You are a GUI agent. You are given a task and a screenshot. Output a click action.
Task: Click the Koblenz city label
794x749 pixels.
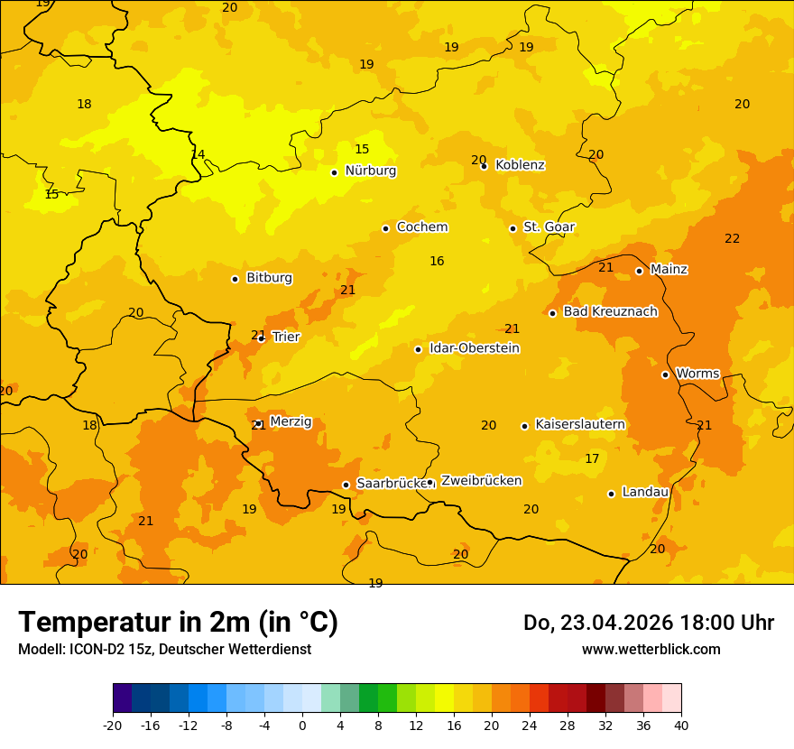coord(520,165)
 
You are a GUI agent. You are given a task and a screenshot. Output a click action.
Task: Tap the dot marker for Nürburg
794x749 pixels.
coord(334,172)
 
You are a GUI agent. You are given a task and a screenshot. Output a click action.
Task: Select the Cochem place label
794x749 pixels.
coord(421,227)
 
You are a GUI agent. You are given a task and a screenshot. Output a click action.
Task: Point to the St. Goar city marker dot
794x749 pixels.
coord(512,228)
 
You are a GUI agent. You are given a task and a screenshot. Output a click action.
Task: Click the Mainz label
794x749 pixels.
coord(669,270)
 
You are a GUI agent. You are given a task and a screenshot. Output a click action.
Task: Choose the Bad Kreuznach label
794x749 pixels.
coord(610,312)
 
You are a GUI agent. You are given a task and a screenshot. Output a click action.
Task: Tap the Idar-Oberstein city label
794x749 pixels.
coord(475,348)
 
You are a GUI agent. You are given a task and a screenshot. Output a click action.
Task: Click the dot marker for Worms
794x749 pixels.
coord(665,374)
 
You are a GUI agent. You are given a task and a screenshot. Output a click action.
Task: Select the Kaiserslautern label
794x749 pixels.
coord(580,425)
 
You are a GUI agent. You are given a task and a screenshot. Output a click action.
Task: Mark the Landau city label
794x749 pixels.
coord(645,493)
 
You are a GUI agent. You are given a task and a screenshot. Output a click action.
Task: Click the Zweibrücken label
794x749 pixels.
coord(481,481)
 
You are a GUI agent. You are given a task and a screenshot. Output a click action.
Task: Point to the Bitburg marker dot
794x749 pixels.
coord(235,279)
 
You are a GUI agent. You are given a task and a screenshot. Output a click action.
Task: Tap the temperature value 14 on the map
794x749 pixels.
coord(198,154)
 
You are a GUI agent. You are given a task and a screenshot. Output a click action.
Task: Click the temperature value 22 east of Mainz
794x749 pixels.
coord(732,239)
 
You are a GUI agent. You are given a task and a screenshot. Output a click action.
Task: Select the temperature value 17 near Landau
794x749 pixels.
coord(592,459)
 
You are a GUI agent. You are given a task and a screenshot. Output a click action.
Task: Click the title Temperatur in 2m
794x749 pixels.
coord(178,623)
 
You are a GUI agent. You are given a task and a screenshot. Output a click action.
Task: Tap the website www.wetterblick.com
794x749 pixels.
coord(651,650)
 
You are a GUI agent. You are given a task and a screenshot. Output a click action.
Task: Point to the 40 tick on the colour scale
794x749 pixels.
coord(681,725)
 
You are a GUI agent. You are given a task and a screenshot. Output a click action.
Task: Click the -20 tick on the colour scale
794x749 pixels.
coord(113,725)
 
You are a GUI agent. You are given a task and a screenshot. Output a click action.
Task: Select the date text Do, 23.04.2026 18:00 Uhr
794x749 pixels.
coord(648,623)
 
